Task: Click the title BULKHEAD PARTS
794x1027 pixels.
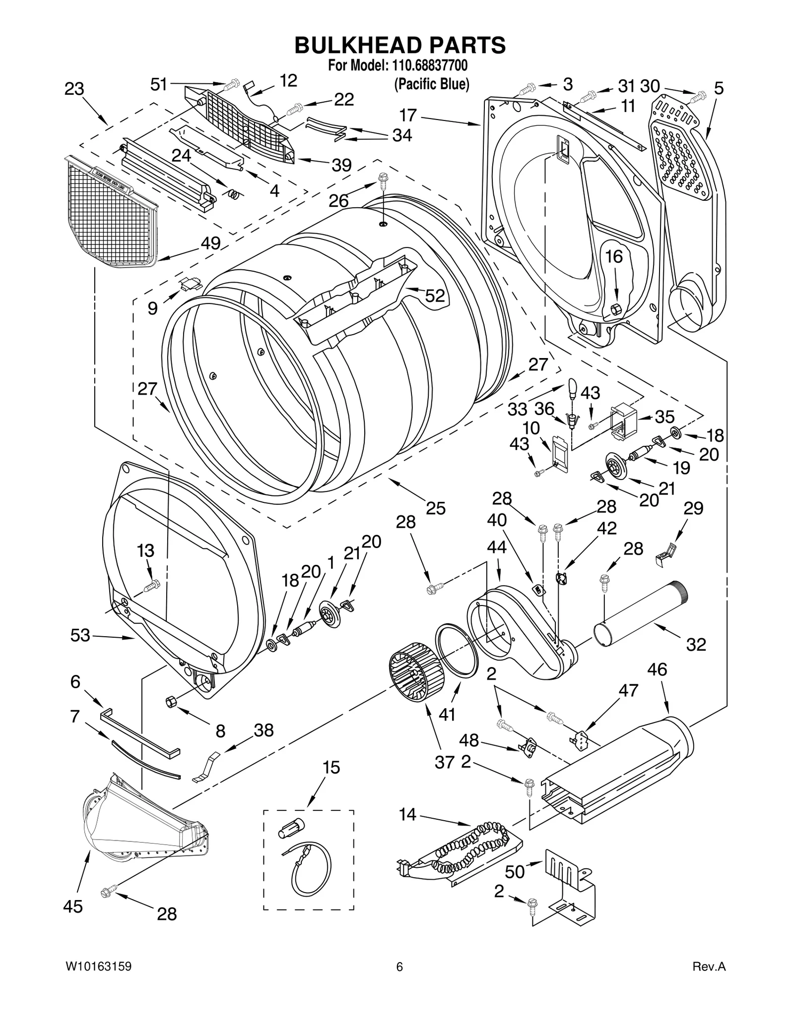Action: click(x=400, y=45)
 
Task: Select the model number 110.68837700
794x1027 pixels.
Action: click(x=426, y=65)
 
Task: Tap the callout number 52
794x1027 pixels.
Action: click(x=435, y=296)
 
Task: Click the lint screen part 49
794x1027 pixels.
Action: click(x=112, y=213)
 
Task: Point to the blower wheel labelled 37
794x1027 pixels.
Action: click(x=414, y=672)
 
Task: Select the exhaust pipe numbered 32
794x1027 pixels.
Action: click(x=641, y=613)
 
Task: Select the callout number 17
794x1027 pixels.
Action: click(x=408, y=115)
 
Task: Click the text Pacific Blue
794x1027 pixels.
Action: click(x=431, y=84)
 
